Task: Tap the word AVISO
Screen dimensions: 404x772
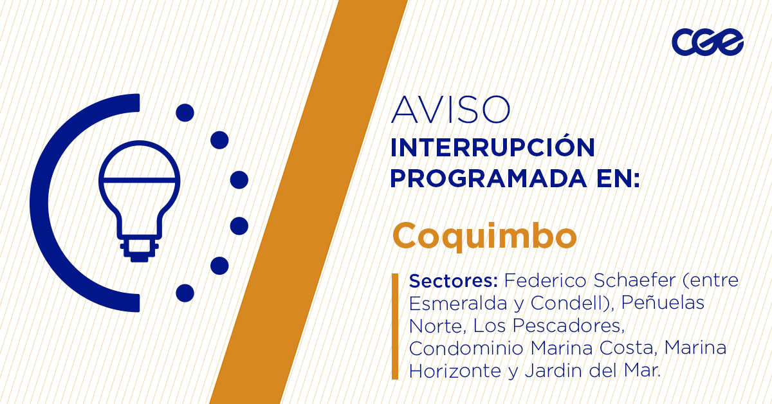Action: tap(450, 110)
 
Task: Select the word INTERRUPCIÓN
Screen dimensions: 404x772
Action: tap(493, 148)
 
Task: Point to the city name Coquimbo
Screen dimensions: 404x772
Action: tap(484, 236)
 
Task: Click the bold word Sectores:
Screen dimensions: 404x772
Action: tap(454, 281)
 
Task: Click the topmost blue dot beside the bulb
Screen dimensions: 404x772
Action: tap(185, 113)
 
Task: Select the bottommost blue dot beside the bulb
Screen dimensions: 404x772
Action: tap(185, 293)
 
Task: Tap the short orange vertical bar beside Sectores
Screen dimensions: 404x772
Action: tap(395, 326)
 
